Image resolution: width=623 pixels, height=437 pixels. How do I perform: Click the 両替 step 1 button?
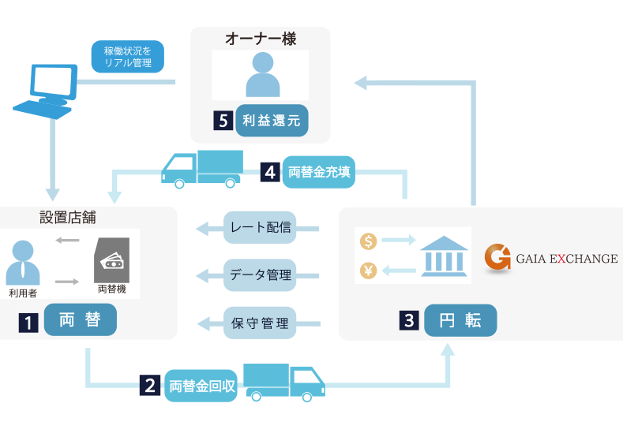coord(81,321)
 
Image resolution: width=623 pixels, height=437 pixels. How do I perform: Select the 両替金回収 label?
coord(201,387)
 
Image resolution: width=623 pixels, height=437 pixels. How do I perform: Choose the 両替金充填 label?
coord(319,171)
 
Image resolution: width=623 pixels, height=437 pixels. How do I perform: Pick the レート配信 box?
coord(260,228)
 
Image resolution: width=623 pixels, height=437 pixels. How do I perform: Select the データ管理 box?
coord(260,275)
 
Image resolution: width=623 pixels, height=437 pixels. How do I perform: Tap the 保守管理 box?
coord(260,323)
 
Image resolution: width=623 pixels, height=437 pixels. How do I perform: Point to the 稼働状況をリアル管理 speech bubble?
coord(128,57)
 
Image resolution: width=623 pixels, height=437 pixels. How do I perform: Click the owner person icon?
coord(263,74)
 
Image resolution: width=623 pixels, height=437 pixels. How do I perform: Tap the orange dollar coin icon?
coord(368,241)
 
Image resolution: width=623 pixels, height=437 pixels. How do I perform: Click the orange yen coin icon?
coord(368,271)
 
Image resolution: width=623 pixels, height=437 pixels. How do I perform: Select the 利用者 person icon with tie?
coord(23,263)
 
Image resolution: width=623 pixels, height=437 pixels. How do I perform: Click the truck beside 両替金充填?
coord(202,168)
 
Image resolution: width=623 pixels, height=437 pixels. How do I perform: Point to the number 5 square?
coord(222,121)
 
